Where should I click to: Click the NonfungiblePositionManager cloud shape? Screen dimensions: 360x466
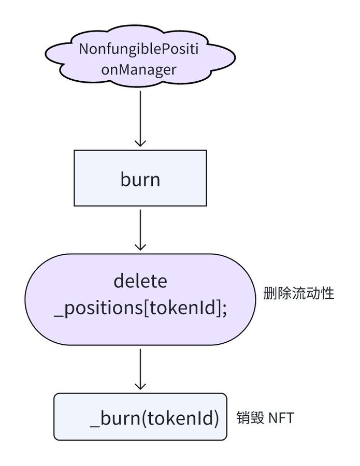pyautogui.click(x=140, y=57)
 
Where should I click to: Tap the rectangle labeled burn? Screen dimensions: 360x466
pyautogui.click(x=140, y=178)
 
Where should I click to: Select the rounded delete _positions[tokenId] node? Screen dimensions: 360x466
pyautogui.click(x=140, y=299)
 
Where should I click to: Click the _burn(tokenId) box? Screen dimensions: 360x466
pyautogui.click(x=140, y=417)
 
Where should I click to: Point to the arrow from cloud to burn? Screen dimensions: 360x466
pyautogui.click(x=140, y=119)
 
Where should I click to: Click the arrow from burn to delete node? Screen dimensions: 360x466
pyautogui.click(x=140, y=230)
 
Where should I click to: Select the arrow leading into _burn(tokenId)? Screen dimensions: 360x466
pyautogui.click(x=140, y=369)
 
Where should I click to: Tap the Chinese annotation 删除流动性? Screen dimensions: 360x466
pyautogui.click(x=298, y=294)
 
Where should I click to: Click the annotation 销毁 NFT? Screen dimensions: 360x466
pyautogui.click(x=265, y=417)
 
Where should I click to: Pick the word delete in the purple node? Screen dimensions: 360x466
pyautogui.click(x=140, y=281)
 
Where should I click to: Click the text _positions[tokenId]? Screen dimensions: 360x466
pyautogui.click(x=140, y=308)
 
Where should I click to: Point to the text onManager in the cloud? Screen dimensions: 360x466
pyautogui.click(x=139, y=70)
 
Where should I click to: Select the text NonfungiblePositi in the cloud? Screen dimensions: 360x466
pyautogui.click(x=138, y=49)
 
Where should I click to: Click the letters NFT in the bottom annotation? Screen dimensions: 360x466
pyautogui.click(x=281, y=418)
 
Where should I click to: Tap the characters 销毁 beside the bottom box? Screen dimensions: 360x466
pyautogui.click(x=250, y=417)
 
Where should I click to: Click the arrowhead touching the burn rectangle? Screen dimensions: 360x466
pyautogui.click(x=140, y=143)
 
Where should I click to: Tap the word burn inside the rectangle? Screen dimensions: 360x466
pyautogui.click(x=140, y=179)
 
